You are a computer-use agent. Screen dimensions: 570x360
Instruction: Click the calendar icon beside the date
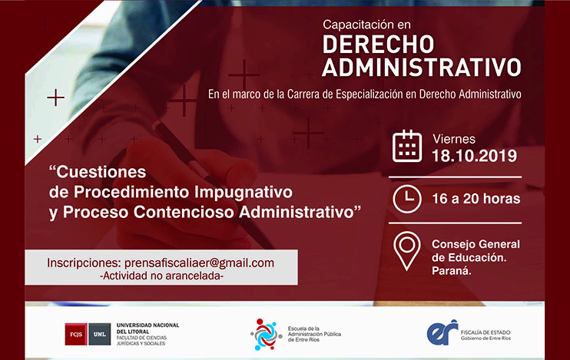point(407,146)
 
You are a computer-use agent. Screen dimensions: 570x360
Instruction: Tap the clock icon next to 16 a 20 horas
point(407,199)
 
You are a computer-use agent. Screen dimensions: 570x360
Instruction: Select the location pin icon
point(407,251)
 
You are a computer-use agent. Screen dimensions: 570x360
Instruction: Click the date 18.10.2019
point(475,156)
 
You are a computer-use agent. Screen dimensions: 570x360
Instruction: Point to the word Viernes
point(454,139)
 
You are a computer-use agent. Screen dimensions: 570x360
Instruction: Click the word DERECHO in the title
point(378,45)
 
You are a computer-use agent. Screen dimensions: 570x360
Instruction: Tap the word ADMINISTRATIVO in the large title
point(422,68)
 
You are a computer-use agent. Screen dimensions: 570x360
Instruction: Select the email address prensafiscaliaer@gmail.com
point(199,263)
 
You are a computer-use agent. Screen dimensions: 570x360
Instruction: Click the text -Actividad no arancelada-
point(161,276)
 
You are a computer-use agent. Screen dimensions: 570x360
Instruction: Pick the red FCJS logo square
point(76,334)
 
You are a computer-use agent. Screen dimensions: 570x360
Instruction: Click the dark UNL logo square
point(100,334)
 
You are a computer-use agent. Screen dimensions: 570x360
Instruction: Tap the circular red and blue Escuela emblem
point(266,335)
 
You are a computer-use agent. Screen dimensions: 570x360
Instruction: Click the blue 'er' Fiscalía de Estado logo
point(442,332)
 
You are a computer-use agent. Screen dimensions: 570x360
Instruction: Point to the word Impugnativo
point(244,193)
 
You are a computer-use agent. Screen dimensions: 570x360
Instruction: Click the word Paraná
point(452,271)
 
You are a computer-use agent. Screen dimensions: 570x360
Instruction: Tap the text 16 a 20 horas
point(476,199)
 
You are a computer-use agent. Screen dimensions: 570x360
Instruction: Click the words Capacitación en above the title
point(366,25)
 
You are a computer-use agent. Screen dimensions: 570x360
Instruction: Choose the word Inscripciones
point(83,263)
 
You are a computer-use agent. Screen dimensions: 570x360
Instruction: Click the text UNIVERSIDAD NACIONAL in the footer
point(147,325)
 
